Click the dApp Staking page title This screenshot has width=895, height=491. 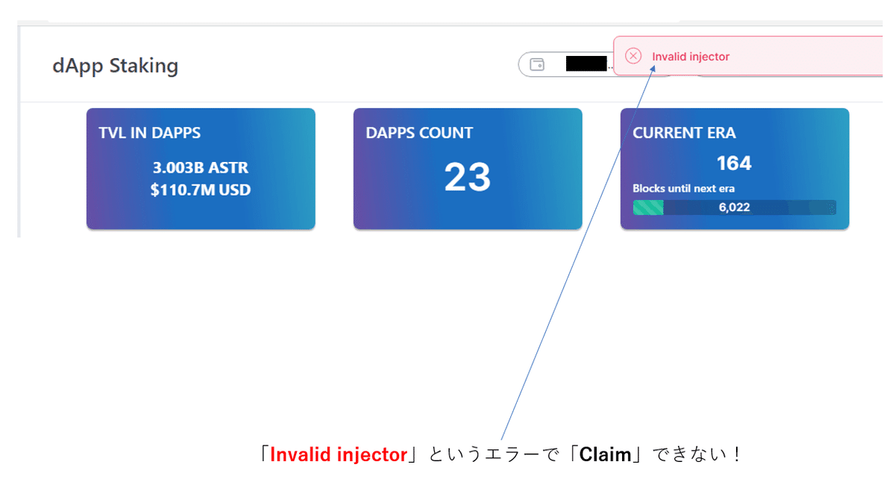click(116, 66)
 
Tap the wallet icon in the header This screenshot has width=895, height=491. click(536, 65)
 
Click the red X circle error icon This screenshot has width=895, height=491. click(633, 56)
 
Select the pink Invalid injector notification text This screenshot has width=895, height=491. click(691, 57)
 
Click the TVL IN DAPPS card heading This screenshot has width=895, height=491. click(149, 133)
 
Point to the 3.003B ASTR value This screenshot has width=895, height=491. click(200, 168)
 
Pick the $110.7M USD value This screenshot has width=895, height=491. click(200, 190)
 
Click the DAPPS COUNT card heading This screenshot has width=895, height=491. click(419, 133)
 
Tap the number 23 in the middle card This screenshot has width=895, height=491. click(468, 178)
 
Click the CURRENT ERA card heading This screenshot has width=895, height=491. click(684, 133)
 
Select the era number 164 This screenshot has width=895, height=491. click(734, 163)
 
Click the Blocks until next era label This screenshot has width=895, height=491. click(683, 189)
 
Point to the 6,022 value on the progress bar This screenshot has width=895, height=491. click(734, 207)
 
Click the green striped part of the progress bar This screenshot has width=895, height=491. click(647, 207)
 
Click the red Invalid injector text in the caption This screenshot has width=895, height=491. click(339, 454)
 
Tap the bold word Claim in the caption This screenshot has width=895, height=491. click(605, 454)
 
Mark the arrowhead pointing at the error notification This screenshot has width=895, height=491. click(653, 68)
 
